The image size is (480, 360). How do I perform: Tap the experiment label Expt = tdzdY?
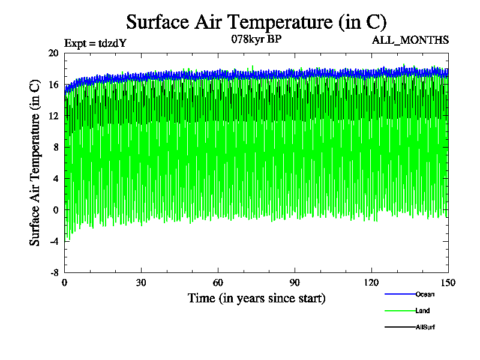(x=95, y=43)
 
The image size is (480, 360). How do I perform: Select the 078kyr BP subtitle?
(x=256, y=40)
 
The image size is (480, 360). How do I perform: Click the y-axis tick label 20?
(x=53, y=53)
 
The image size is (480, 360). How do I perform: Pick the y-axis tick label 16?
(x=53, y=85)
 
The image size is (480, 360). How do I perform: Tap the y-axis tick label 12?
(x=53, y=116)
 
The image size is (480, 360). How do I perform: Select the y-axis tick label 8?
(x=56, y=147)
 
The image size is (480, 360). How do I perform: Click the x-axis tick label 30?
(x=141, y=283)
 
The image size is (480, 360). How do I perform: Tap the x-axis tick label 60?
(x=218, y=283)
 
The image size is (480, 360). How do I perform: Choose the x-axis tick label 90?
(x=295, y=283)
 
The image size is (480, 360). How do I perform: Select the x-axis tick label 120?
(x=371, y=283)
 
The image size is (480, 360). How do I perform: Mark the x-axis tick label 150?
(x=448, y=283)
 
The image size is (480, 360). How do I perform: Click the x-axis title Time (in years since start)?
(x=256, y=298)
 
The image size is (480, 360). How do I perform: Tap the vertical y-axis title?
(x=35, y=162)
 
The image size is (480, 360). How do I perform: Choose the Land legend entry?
(x=422, y=311)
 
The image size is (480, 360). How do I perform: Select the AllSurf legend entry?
(x=424, y=327)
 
